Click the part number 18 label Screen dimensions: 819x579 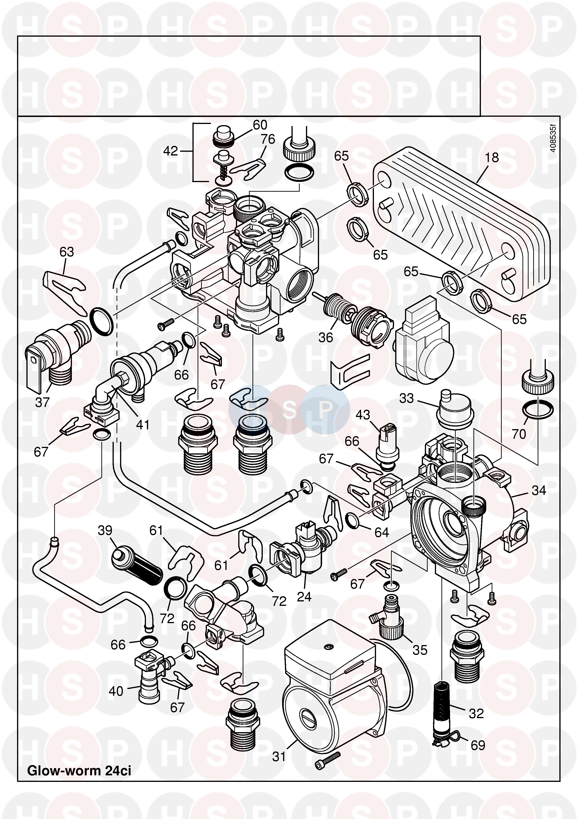click(x=492, y=157)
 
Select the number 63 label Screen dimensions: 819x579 click(x=67, y=252)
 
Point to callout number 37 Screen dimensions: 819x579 click(x=42, y=402)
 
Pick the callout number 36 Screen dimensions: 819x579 click(x=325, y=337)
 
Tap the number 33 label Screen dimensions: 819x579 click(x=406, y=398)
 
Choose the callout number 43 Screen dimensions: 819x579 click(x=363, y=415)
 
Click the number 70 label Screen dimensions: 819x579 click(x=519, y=434)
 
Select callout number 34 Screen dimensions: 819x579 click(x=539, y=491)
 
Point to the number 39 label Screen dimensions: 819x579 click(x=105, y=530)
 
